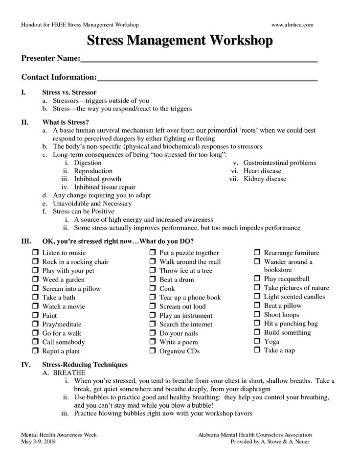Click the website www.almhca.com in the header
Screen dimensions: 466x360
(292, 24)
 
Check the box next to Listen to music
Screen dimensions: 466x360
(36, 253)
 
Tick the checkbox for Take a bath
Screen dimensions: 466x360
(36, 298)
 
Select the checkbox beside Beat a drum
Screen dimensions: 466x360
(153, 280)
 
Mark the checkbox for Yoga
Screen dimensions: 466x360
(257, 342)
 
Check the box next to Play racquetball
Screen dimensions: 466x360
(257, 279)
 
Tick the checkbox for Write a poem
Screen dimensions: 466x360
(153, 342)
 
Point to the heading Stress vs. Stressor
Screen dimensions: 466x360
(69, 92)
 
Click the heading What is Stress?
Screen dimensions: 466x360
(66, 122)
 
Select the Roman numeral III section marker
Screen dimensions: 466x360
(26, 242)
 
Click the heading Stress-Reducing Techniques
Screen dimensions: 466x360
(85, 365)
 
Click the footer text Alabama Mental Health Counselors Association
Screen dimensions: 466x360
(255, 435)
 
